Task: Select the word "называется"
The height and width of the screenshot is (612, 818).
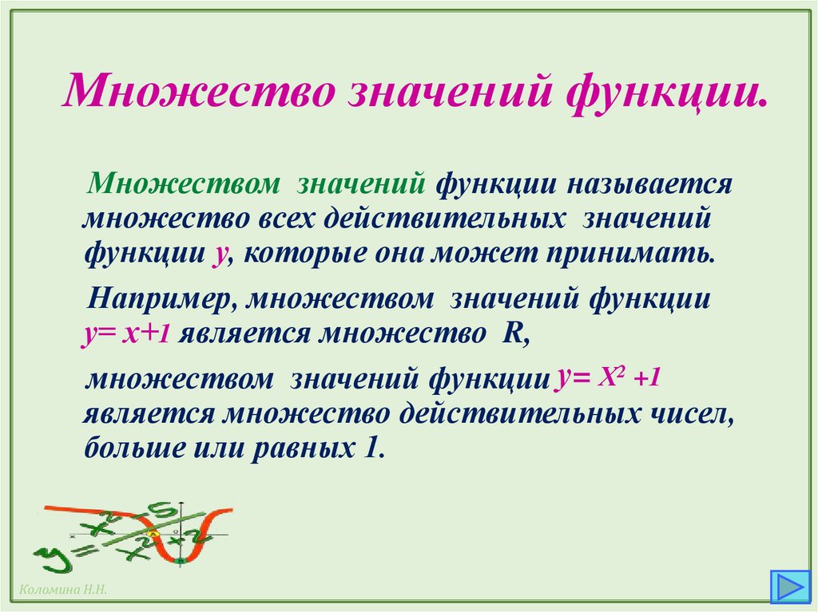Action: tap(649, 184)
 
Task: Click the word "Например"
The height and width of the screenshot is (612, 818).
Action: tap(159, 300)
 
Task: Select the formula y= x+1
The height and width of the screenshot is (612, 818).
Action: tap(126, 334)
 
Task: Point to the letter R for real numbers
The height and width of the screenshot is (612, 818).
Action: tap(510, 334)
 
